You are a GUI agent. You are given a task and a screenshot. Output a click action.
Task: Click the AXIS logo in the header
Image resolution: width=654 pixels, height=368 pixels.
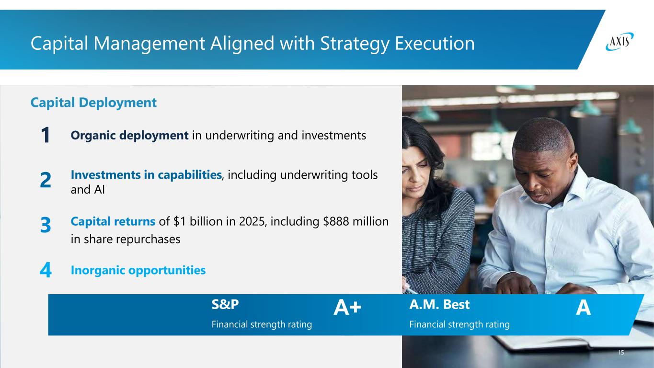pos(620,42)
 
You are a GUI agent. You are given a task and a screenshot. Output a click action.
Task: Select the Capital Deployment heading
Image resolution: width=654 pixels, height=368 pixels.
pos(93,103)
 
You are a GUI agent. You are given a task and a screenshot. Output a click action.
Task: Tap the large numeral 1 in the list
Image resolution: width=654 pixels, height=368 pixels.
pos(46,135)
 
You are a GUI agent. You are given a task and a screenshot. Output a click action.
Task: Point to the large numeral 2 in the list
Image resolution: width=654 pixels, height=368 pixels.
pos(46,180)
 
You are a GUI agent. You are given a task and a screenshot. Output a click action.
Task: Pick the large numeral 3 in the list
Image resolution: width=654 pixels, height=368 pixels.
pos(46,225)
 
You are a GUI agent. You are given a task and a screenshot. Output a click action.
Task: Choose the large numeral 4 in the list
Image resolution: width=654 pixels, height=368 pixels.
pos(46,270)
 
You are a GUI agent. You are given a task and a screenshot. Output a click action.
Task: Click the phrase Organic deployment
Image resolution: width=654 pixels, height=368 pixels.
pos(130,136)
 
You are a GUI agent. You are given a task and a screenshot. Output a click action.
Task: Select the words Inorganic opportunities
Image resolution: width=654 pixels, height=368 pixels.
pos(138,270)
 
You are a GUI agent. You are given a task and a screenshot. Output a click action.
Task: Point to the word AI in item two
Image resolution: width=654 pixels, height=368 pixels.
pos(99,190)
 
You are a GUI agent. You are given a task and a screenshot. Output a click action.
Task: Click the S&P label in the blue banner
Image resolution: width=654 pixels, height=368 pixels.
pos(225,304)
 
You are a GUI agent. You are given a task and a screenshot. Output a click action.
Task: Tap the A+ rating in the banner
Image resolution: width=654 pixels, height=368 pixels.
pos(347,307)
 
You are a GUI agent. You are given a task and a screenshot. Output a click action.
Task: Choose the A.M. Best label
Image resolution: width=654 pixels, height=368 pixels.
pos(439,304)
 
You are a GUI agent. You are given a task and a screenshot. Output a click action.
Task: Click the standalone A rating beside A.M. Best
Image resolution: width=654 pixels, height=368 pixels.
pos(584,307)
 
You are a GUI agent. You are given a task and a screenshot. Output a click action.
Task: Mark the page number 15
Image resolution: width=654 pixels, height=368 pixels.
pos(621,353)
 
